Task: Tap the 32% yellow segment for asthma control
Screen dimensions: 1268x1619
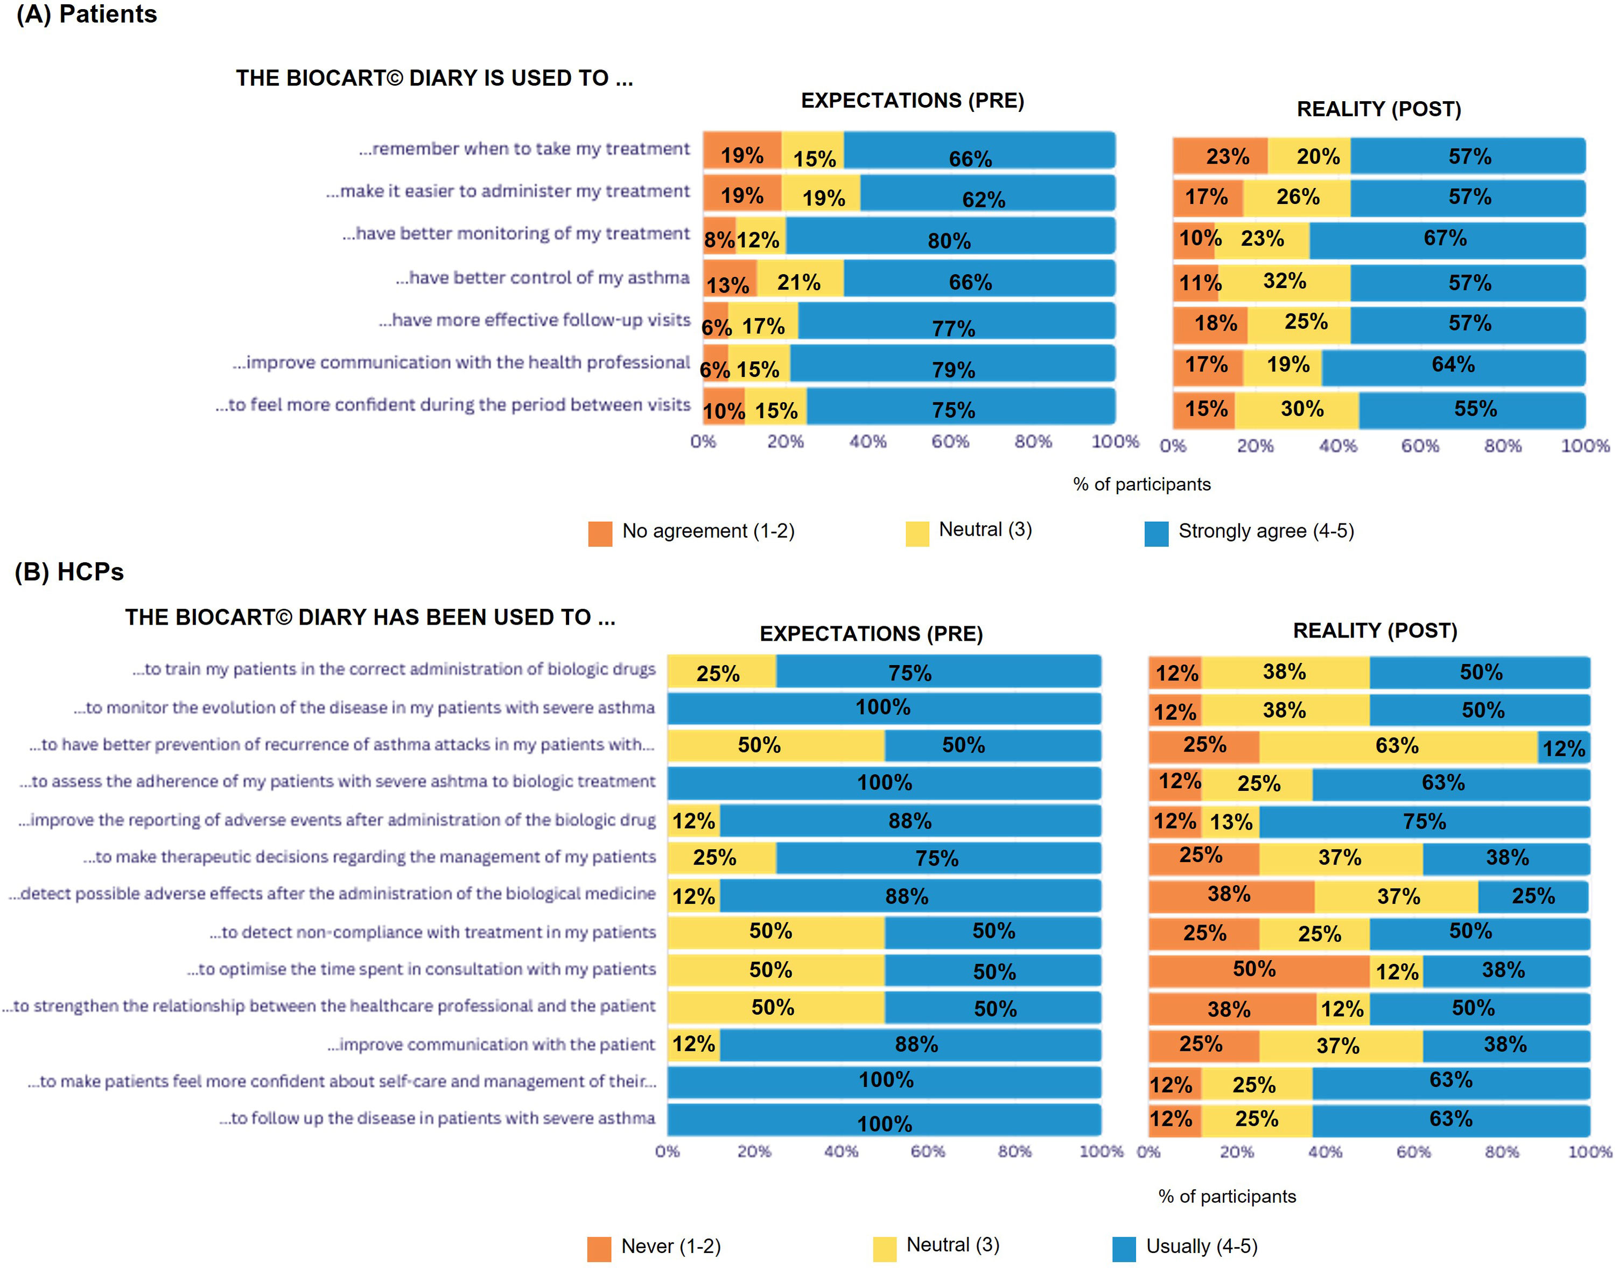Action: (1284, 282)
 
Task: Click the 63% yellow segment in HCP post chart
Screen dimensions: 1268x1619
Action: (1397, 745)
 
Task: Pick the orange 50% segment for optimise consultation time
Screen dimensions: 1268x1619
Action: (1258, 970)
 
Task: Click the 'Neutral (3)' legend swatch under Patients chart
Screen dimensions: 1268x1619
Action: (917, 533)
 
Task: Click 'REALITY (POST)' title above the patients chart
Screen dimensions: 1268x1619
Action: (1378, 109)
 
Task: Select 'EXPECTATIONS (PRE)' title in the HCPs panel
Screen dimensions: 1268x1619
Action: (871, 633)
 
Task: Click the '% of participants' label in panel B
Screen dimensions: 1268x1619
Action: (1227, 1196)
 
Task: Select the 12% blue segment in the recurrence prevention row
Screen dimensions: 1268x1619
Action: (1564, 747)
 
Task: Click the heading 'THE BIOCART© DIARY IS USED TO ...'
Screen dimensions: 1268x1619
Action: (434, 78)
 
